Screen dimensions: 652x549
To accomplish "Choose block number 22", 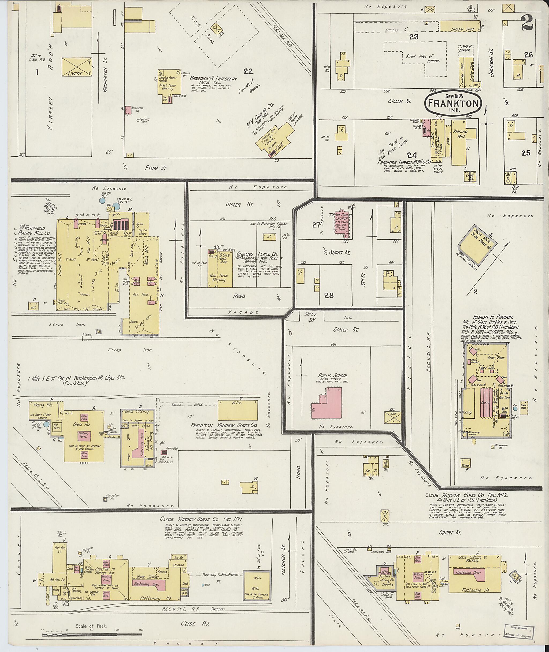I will [248, 71].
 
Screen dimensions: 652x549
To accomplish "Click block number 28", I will [329, 294].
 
